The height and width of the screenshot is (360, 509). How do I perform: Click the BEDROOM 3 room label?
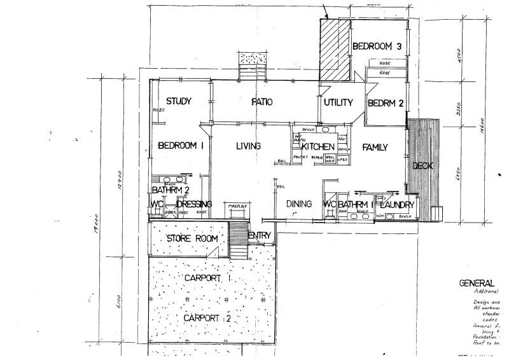[x=377, y=46]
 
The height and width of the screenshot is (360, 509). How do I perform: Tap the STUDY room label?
[x=179, y=102]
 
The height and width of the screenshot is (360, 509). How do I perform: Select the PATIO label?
[x=261, y=102]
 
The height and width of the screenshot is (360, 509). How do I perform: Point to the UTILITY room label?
[x=338, y=102]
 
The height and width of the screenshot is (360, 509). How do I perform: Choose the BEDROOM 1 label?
[x=180, y=146]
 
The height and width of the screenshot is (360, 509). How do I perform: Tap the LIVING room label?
[x=248, y=146]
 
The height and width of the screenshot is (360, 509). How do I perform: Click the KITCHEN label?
[x=318, y=147]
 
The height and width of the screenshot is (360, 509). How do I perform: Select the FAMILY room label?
[x=375, y=148]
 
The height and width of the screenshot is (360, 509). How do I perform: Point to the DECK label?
[x=422, y=166]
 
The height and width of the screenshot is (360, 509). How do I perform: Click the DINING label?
[x=298, y=204]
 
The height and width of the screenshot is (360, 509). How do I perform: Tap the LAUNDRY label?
[x=397, y=205]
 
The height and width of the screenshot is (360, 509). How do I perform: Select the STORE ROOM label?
[x=192, y=239]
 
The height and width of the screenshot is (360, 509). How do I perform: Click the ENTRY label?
[x=260, y=236]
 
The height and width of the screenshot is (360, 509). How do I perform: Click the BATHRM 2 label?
[x=171, y=190]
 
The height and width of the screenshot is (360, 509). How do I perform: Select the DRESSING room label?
[x=194, y=204]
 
